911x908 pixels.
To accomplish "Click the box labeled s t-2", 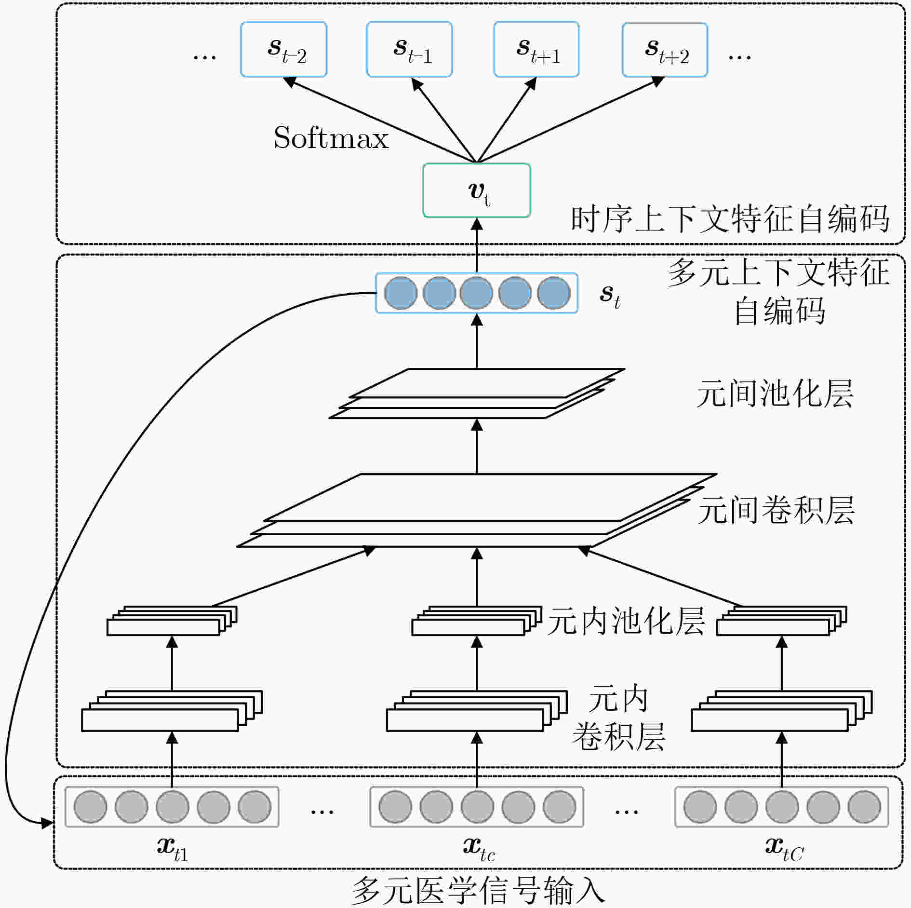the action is pyautogui.click(x=284, y=49).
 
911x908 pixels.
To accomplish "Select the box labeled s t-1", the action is pyautogui.click(x=409, y=49).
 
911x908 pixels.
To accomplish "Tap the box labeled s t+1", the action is pyautogui.click(x=536, y=49).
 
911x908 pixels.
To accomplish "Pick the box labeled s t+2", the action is pyautogui.click(x=665, y=50).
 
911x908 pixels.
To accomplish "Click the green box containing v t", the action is pyautogui.click(x=477, y=190).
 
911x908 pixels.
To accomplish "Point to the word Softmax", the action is pyautogui.click(x=331, y=138).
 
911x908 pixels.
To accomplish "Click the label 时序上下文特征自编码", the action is pyautogui.click(x=730, y=219).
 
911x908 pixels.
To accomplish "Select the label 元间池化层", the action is pyautogui.click(x=775, y=394).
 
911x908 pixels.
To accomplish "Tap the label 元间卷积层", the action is pyautogui.click(x=776, y=510).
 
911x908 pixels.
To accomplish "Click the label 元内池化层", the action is pyautogui.click(x=626, y=621).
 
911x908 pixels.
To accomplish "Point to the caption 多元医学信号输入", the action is pyautogui.click(x=478, y=890).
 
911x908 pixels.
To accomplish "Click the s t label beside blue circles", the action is pyautogui.click(x=610, y=295).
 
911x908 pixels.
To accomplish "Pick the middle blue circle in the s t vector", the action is pyautogui.click(x=476, y=293).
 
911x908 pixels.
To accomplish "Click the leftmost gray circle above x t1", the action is pyautogui.click(x=90, y=806).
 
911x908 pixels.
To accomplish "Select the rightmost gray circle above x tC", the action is pyautogui.click(x=864, y=806).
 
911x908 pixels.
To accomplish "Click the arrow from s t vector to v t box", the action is pyautogui.click(x=477, y=245).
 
